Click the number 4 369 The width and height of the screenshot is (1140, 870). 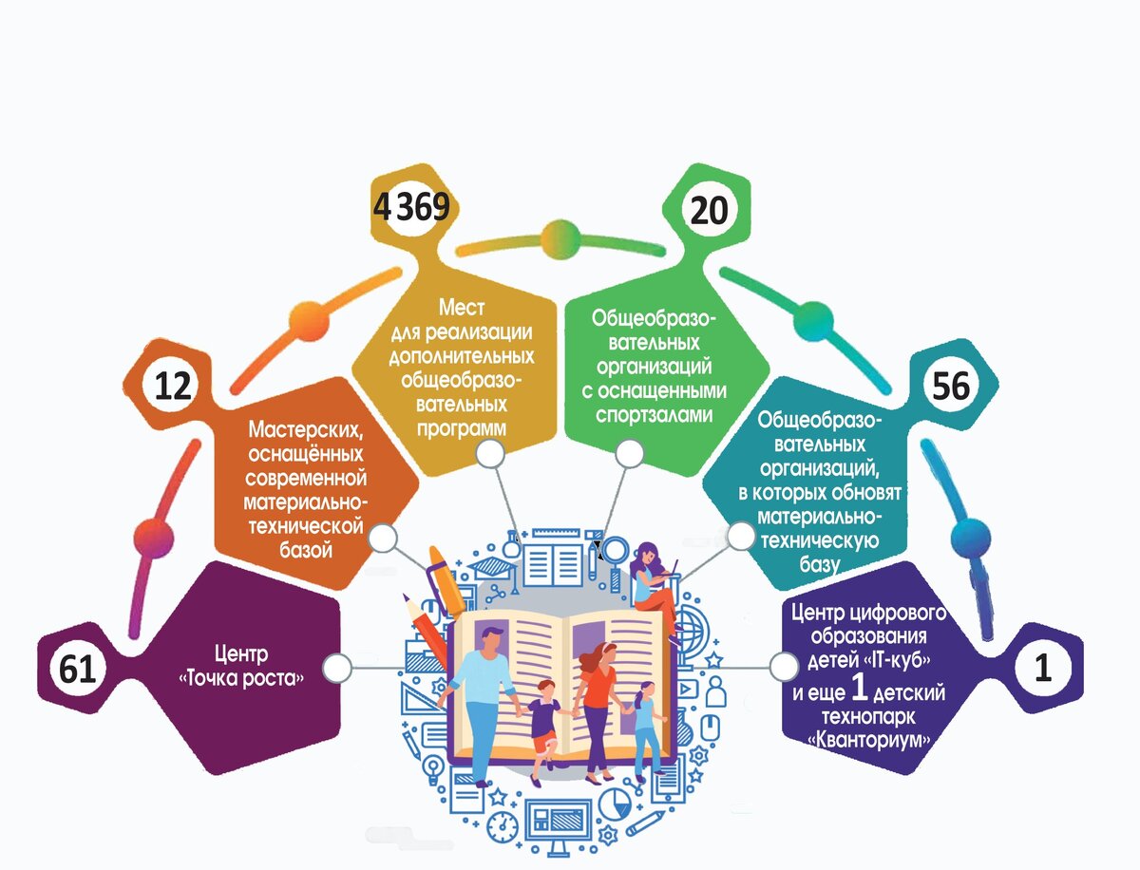pos(411,206)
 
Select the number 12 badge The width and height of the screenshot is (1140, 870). pos(173,386)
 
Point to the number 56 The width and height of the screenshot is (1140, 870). pos(951,386)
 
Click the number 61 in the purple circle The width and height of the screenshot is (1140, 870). pos(78,671)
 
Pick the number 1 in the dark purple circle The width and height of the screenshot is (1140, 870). pos(1043,670)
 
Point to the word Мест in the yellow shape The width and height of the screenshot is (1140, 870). pos(462,308)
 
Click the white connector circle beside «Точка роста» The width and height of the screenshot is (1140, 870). pos(336,668)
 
